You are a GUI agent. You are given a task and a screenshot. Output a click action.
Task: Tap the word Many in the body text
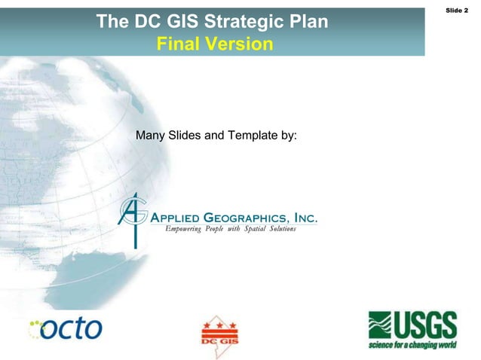pos(150,136)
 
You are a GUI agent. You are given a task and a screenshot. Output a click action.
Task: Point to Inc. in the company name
pos(305,218)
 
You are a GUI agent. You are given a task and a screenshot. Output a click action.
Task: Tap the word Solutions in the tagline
pos(278,228)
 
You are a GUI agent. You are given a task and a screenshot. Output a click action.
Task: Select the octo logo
pos(73,328)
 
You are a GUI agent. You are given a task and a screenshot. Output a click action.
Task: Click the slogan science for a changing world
pos(412,345)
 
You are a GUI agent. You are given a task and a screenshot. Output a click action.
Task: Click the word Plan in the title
pos(305,22)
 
